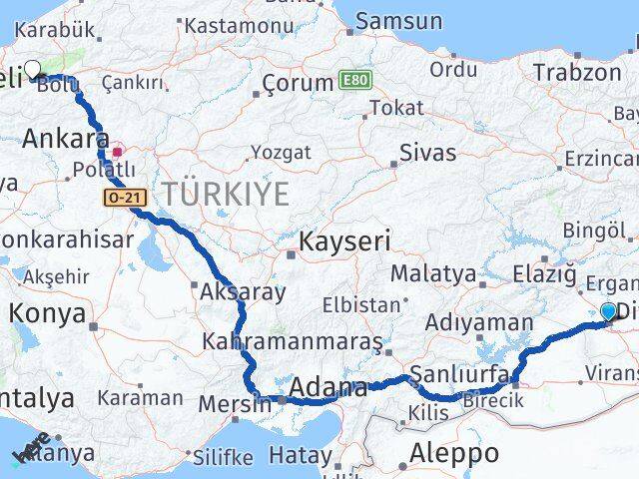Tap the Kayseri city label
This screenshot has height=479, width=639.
(x=343, y=241)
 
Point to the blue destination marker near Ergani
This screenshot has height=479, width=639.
(x=609, y=311)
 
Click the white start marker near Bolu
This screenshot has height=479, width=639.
(x=32, y=70)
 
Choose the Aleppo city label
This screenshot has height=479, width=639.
(x=453, y=454)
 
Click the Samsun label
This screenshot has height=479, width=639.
(x=398, y=21)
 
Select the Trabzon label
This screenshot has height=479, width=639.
(x=576, y=72)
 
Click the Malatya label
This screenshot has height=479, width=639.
(x=432, y=272)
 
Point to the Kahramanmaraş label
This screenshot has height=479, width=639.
(x=292, y=341)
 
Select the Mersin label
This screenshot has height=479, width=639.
(x=235, y=405)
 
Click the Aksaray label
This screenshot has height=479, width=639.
(x=243, y=292)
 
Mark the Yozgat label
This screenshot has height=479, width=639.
(x=281, y=153)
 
